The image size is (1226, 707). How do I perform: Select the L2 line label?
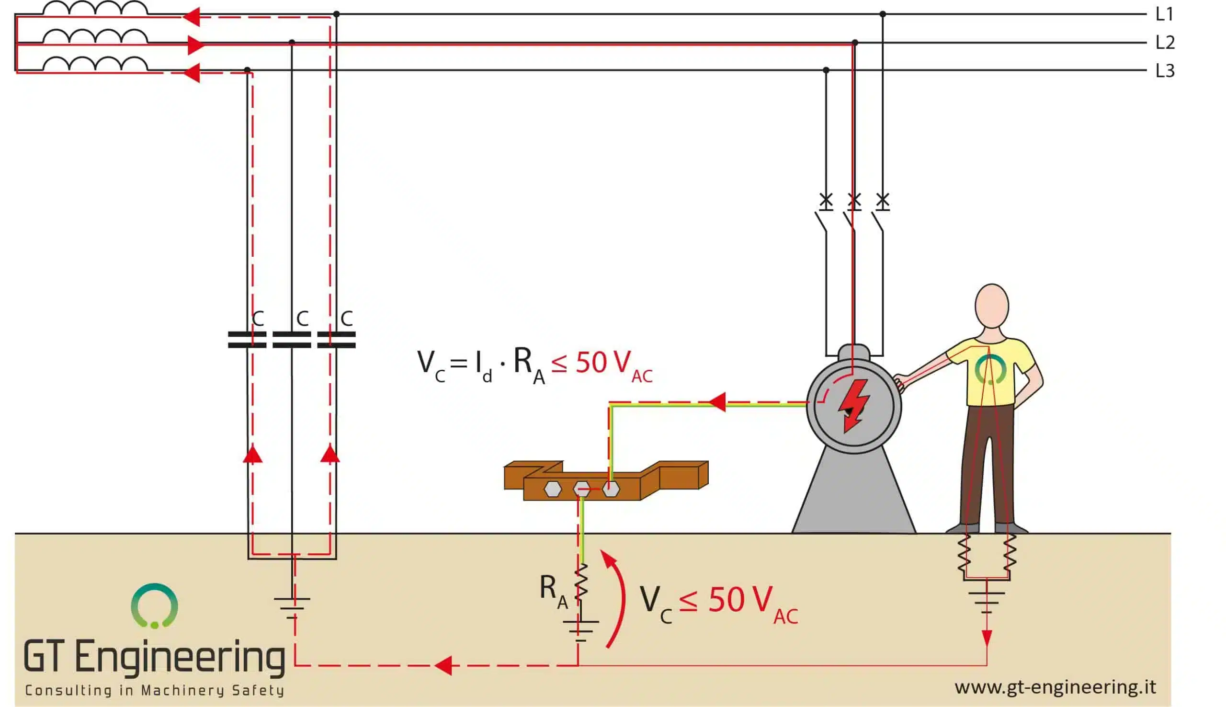[1165, 43]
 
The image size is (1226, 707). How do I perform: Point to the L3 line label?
[1165, 71]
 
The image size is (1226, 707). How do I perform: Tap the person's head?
[991, 306]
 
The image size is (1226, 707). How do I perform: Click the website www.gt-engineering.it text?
[1055, 687]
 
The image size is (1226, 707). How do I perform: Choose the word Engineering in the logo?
[180, 657]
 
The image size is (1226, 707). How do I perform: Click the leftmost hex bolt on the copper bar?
[552, 489]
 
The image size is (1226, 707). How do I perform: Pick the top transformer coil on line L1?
[95, 8]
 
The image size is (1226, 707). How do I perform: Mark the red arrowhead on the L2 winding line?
[195, 45]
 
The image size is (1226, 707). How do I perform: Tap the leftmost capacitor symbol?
[247, 340]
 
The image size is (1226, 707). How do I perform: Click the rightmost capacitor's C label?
[347, 319]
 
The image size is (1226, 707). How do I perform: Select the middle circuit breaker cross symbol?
[854, 200]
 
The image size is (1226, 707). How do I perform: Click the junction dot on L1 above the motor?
[882, 14]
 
